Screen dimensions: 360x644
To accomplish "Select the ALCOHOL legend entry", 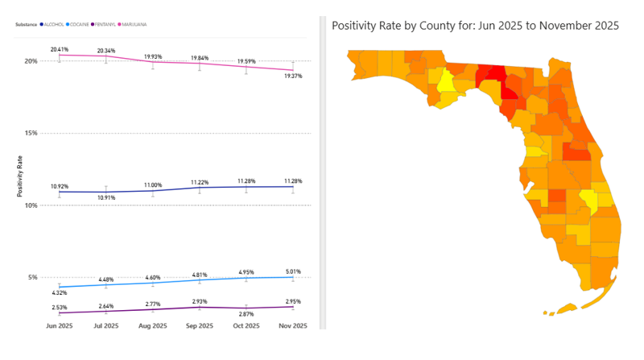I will click(52, 24).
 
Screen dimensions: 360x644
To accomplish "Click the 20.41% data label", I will click(59, 49).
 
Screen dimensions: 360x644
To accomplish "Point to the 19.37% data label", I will click(293, 76).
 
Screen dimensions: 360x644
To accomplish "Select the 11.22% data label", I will click(200, 182).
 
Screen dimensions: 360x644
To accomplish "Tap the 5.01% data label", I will click(293, 271).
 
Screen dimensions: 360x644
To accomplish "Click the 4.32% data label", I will click(59, 292).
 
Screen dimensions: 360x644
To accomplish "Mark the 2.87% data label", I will click(246, 313).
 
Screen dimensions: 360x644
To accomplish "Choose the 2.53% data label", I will click(59, 307).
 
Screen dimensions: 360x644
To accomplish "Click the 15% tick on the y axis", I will click(31, 133).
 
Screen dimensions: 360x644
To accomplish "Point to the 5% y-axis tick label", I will click(32, 277).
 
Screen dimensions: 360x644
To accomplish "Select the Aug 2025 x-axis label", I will click(153, 325).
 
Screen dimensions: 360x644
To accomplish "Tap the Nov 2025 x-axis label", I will click(293, 325).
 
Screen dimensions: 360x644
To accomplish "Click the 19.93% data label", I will click(153, 57).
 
